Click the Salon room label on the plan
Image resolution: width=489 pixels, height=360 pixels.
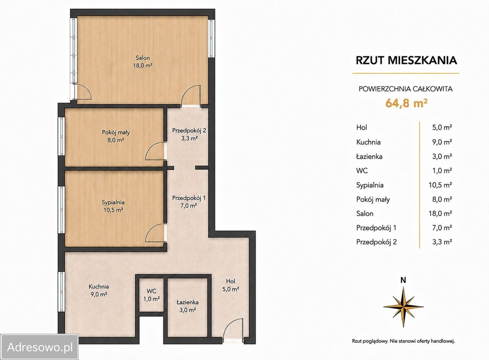143,58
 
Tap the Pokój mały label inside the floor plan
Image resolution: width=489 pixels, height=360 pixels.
116,132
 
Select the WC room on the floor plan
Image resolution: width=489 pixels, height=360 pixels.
152,295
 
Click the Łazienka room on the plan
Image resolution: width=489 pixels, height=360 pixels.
188,305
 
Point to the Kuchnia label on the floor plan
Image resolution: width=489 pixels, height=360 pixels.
99,286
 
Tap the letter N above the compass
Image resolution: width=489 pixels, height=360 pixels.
403,280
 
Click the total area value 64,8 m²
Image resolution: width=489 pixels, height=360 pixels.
406,103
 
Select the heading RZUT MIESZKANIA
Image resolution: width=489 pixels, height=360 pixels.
406,60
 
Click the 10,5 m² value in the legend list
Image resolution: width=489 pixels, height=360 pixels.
440,185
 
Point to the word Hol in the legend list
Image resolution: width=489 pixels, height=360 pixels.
361,128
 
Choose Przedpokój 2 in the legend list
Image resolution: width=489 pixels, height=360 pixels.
376,242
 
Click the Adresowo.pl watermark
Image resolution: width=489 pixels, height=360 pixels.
39,347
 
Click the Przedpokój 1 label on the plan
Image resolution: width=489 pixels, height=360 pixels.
189,198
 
